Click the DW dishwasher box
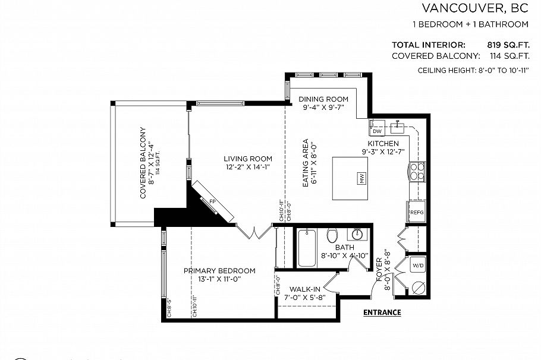coord(377,131)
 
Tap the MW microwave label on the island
coord(360,178)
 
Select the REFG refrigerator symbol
coord(416,211)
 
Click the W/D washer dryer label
coord(418,266)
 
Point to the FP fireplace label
coord(212,202)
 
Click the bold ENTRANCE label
coord(382,312)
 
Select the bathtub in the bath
coord(307,248)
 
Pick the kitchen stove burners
coord(417,171)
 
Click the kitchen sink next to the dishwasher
coord(397,127)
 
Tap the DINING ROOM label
coord(323,99)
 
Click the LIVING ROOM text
coord(248,159)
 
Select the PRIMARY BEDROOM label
coord(219,271)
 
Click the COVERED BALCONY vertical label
coord(143,162)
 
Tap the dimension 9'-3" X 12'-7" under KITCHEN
coord(383,152)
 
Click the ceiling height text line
coord(473,71)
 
